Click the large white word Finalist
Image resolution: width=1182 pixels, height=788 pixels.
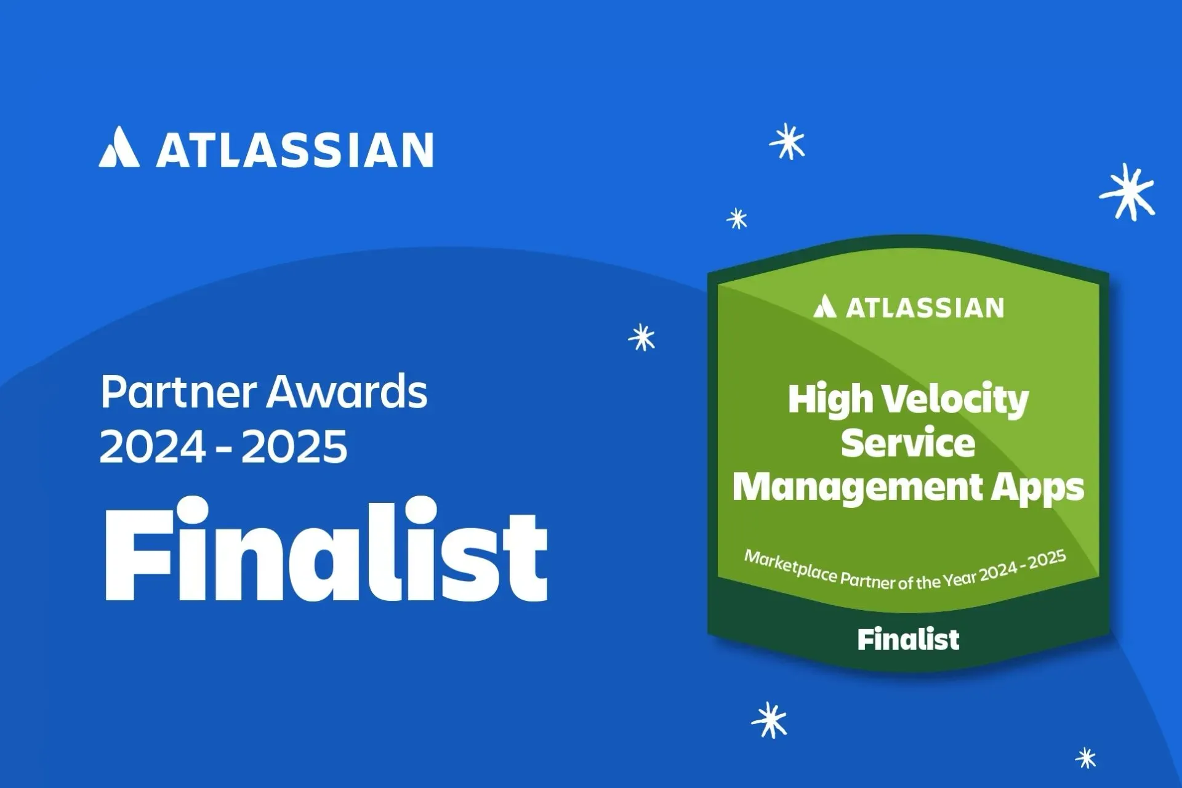click(326, 549)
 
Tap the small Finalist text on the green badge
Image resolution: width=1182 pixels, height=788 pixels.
click(908, 640)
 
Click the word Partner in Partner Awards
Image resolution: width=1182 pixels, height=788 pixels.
click(179, 392)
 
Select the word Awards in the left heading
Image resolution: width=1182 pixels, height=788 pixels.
click(347, 392)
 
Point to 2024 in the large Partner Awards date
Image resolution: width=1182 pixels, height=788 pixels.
click(153, 446)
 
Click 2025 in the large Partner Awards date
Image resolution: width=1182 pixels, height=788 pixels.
click(294, 446)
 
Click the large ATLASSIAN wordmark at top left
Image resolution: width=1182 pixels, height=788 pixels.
click(295, 150)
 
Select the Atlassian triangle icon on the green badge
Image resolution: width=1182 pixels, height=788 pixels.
click(824, 306)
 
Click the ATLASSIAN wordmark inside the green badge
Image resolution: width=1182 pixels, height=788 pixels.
click(925, 308)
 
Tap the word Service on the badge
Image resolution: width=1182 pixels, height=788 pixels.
click(908, 443)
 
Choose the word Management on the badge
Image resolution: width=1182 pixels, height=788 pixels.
click(858, 488)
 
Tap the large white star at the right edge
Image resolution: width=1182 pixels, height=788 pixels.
click(1128, 192)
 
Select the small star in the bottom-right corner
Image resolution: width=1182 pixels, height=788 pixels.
click(1086, 758)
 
